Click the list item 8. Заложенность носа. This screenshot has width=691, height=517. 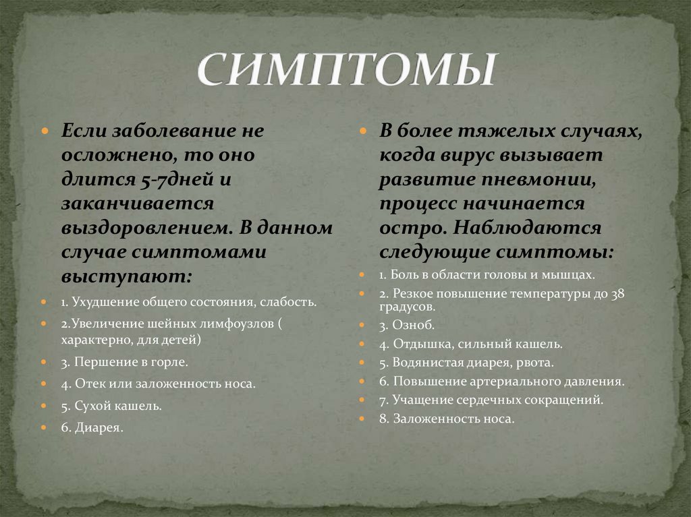pyautogui.click(x=447, y=419)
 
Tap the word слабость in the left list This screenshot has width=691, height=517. pyautogui.click(x=287, y=301)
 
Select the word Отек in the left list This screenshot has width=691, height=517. pyautogui.click(x=88, y=384)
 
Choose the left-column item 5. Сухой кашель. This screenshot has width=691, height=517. pyautogui.click(x=111, y=406)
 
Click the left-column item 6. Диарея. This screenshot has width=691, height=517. pyautogui.click(x=92, y=427)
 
